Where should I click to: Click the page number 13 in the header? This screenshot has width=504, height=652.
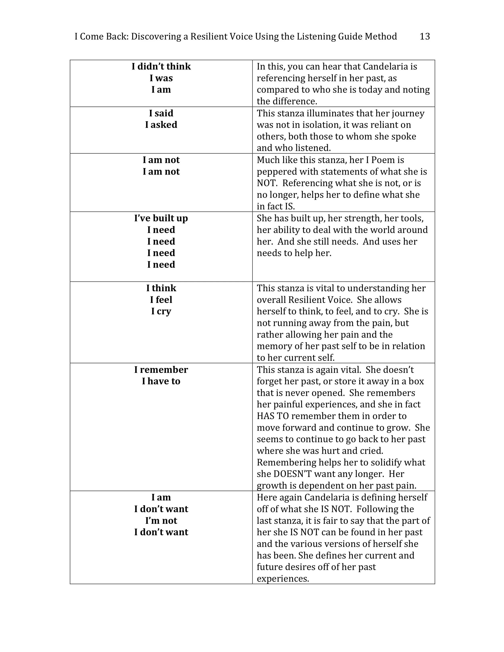coord(425,36)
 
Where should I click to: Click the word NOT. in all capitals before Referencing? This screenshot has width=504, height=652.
coord(267,183)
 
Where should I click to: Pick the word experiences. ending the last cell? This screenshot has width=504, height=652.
coord(282,579)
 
